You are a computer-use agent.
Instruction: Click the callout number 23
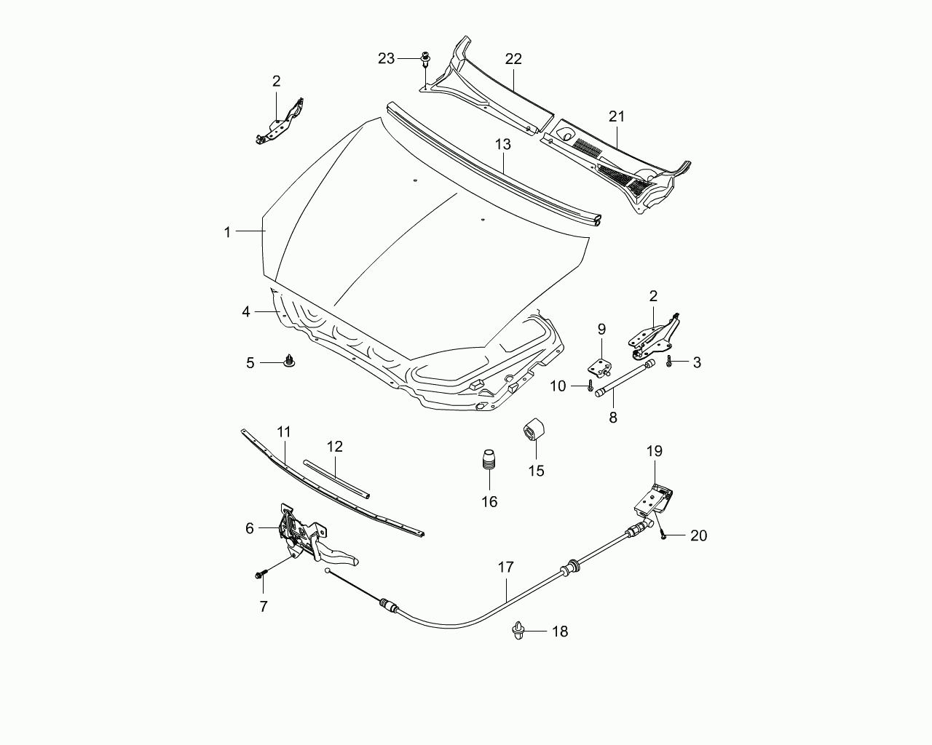(387, 58)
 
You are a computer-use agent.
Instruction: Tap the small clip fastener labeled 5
(288, 361)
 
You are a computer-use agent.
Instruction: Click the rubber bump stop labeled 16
(489, 464)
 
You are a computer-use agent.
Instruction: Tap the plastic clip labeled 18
(518, 631)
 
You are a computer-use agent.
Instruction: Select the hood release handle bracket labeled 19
(653, 501)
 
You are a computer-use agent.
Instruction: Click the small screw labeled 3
(669, 361)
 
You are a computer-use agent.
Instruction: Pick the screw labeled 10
(590, 386)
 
